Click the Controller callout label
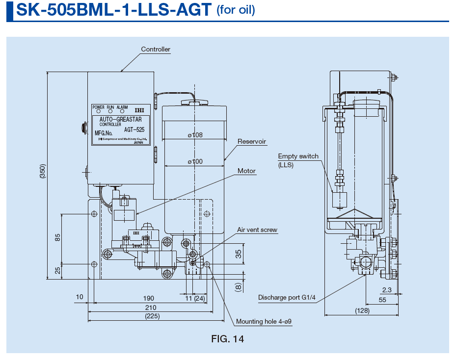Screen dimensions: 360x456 click(x=156, y=49)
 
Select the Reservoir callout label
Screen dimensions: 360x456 click(x=251, y=142)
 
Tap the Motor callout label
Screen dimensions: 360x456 click(x=246, y=171)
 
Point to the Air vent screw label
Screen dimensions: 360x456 click(x=257, y=230)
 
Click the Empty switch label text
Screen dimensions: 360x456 click(x=298, y=156)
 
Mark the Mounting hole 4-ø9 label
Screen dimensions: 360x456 click(x=264, y=322)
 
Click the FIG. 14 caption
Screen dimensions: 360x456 click(x=227, y=339)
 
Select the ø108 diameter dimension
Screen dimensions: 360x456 click(x=195, y=135)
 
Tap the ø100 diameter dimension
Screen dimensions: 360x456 click(x=195, y=161)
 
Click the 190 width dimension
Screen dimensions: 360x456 click(x=148, y=298)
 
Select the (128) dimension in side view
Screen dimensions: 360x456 click(x=362, y=311)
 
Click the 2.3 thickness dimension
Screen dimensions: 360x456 click(x=387, y=290)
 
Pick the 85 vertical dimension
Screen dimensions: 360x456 click(x=57, y=237)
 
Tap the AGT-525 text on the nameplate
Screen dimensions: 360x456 click(x=134, y=130)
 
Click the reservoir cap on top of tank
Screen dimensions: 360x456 click(x=194, y=102)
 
